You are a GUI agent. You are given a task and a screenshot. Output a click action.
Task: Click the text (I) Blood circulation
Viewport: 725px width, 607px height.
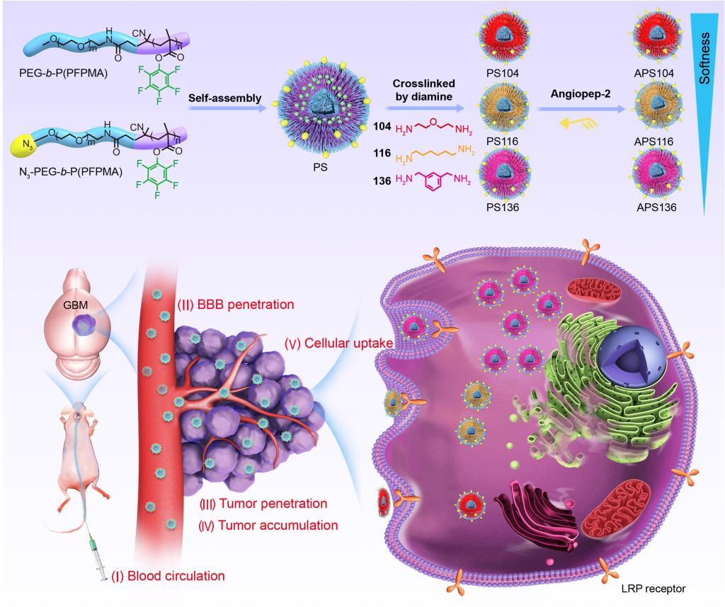pyautogui.click(x=168, y=575)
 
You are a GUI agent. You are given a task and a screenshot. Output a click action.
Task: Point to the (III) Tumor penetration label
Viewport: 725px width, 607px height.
pyautogui.click(x=265, y=504)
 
